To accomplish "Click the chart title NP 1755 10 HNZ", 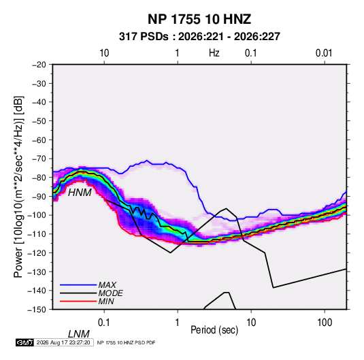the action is [x=199, y=19].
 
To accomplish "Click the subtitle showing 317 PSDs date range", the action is [x=199, y=37].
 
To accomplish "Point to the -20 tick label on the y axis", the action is [x=39, y=65].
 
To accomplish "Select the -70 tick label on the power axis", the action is [x=39, y=159].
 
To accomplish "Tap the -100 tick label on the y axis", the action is [x=37, y=215].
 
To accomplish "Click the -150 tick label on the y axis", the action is [x=37, y=310].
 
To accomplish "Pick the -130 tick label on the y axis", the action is [x=37, y=272].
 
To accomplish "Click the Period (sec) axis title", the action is [x=214, y=330].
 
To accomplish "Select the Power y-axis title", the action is [x=18, y=187].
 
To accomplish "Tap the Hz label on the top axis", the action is [x=214, y=53].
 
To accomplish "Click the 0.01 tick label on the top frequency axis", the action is [x=324, y=53].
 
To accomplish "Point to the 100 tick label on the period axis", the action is [x=325, y=323].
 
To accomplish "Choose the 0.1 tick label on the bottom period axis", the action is [x=103, y=323].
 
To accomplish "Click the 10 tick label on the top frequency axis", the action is [x=104, y=53].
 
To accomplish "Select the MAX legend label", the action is [x=107, y=285].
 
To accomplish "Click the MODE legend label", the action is [x=110, y=293].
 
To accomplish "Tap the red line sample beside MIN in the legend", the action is [x=78, y=301].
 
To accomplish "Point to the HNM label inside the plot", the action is [x=80, y=193].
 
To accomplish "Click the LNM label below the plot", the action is [x=79, y=334].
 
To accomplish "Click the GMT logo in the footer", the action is [x=24, y=342].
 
